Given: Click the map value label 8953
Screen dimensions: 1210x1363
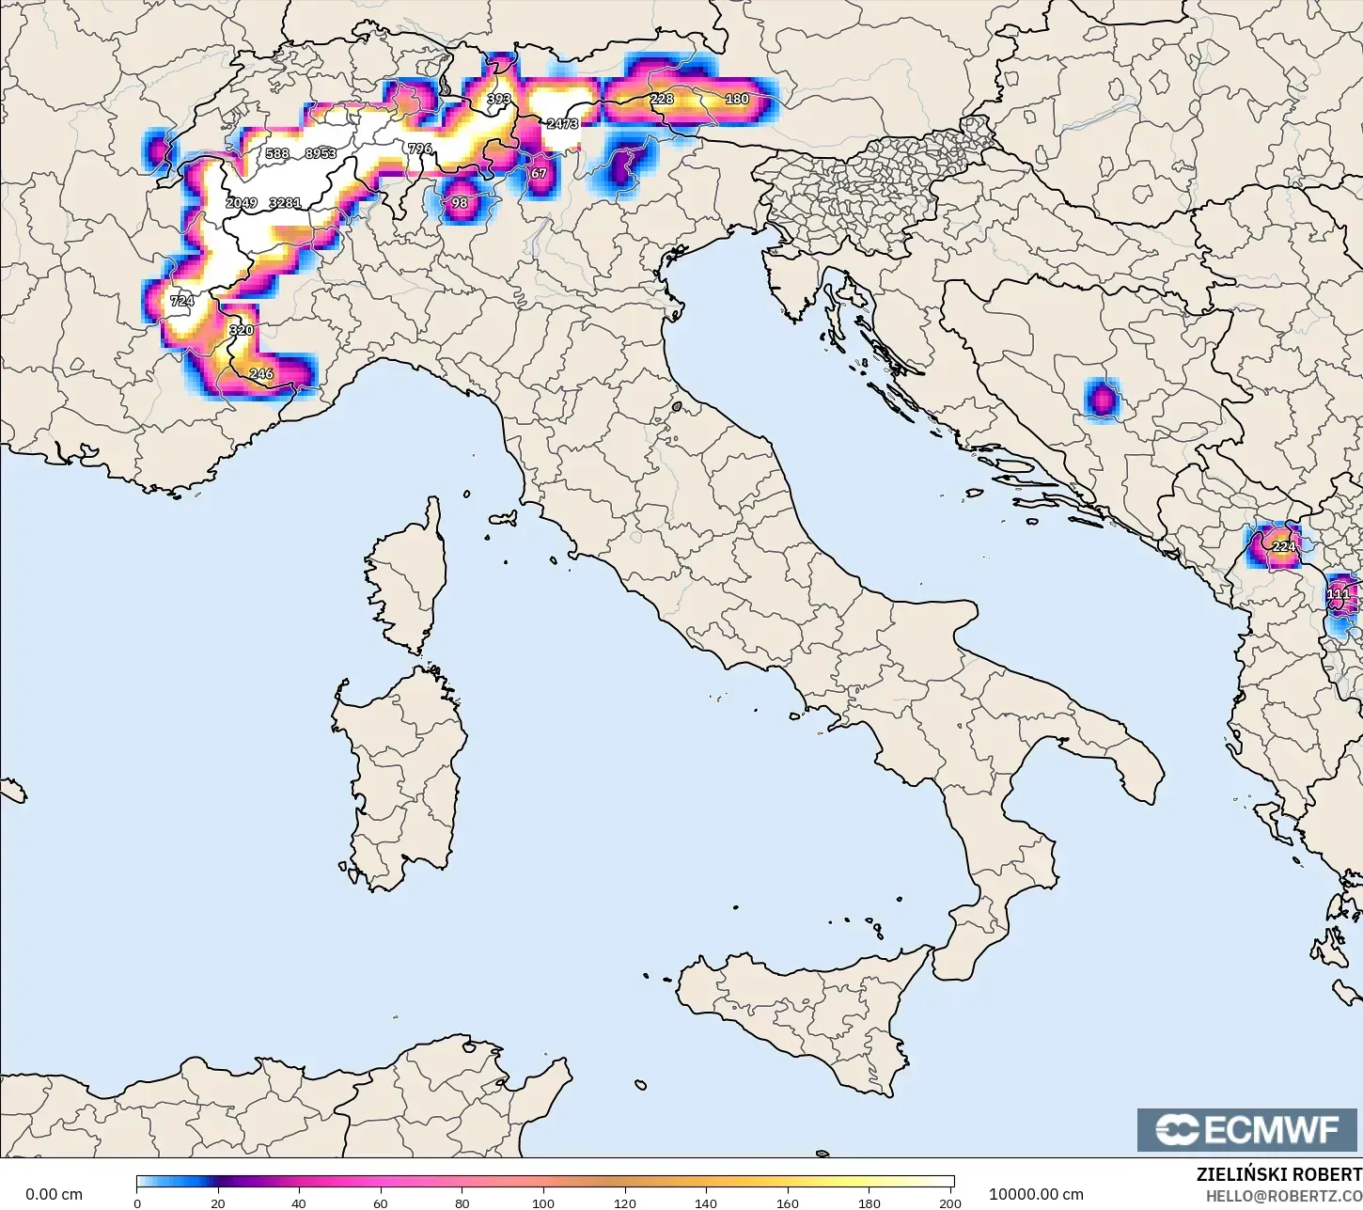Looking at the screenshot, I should click(x=321, y=153).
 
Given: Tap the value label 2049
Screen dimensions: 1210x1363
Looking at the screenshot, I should click(x=242, y=202).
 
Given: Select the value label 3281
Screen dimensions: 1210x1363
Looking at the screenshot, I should click(x=285, y=202).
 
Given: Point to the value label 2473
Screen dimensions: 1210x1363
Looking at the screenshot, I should click(x=562, y=123).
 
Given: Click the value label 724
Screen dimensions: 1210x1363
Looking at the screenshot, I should click(x=181, y=301).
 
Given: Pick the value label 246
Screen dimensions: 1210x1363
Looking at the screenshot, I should click(x=261, y=373).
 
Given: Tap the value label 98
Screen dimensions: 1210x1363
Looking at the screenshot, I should click(x=460, y=202).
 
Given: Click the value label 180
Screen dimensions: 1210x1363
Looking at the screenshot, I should click(x=737, y=99).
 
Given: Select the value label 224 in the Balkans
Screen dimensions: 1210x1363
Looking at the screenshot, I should click(x=1283, y=546).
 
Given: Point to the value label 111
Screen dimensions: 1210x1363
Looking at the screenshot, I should click(x=1338, y=594).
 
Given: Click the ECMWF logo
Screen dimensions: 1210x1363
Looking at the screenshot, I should click(x=1248, y=1130).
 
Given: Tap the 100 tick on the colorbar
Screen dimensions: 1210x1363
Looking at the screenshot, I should click(x=543, y=1202).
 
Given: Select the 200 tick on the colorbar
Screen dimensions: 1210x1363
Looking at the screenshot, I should click(x=949, y=1202).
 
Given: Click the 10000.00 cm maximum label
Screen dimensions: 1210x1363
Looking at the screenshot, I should click(x=1036, y=1194).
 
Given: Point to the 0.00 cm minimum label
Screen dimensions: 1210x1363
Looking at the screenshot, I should click(x=54, y=1194).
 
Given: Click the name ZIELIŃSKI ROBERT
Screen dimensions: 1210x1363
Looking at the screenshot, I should click(x=1277, y=1174).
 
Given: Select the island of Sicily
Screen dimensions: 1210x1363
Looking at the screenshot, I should click(x=799, y=1015).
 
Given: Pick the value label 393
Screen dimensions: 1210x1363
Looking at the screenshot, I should click(x=498, y=99).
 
